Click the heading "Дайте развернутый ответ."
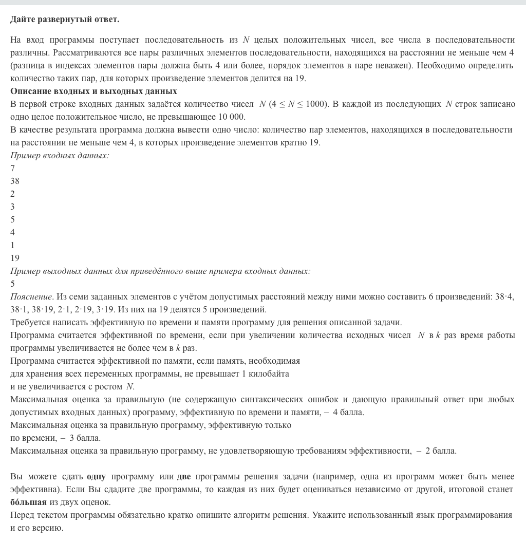point(64,20)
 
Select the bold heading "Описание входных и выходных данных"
point(93,91)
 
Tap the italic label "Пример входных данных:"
point(60,155)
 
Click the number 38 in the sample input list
point(14,181)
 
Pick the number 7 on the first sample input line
point(12,168)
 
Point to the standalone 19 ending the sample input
point(14,258)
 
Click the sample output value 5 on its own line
point(12,284)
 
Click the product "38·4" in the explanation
point(503,296)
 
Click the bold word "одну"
point(96,476)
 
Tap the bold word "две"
point(184,476)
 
